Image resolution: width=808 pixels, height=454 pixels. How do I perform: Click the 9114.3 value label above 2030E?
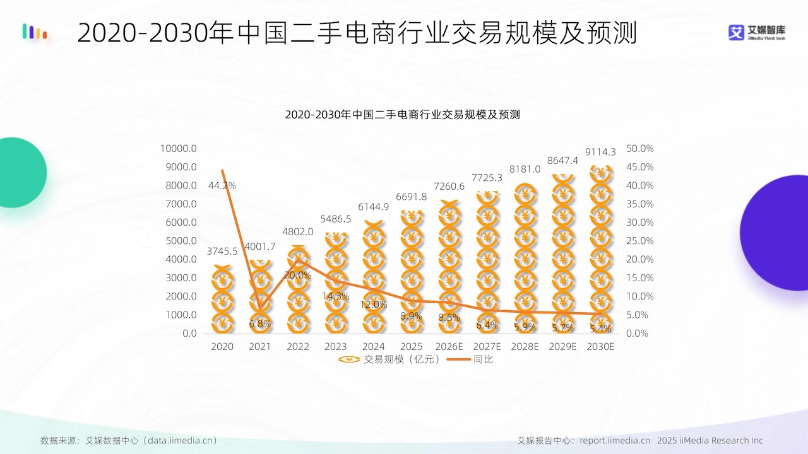[600, 152]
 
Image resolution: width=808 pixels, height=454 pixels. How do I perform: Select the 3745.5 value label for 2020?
[222, 251]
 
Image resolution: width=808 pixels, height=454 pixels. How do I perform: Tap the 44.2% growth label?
[222, 185]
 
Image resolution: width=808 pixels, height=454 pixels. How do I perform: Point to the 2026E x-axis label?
[449, 347]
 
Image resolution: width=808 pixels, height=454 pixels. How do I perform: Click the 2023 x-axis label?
[335, 347]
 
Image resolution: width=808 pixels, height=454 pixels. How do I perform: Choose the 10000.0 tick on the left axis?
[178, 148]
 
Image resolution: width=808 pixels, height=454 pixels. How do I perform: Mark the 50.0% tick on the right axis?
[640, 148]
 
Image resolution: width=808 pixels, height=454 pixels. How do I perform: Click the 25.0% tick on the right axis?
[640, 241]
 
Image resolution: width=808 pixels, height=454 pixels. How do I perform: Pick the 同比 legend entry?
[470, 359]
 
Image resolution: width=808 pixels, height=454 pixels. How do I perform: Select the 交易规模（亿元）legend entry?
[389, 359]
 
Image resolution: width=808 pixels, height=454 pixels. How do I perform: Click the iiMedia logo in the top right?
[756, 33]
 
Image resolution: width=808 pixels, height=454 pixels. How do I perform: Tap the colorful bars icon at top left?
[35, 32]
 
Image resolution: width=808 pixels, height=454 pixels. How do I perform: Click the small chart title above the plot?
[403, 115]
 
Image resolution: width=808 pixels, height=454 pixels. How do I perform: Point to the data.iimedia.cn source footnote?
[129, 440]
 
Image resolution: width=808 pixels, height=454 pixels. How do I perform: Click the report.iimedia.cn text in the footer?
[615, 440]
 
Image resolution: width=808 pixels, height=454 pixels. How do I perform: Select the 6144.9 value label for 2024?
[373, 207]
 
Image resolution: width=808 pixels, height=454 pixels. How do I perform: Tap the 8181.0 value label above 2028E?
[525, 169]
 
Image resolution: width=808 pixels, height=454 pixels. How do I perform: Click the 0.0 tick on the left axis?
[189, 334]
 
